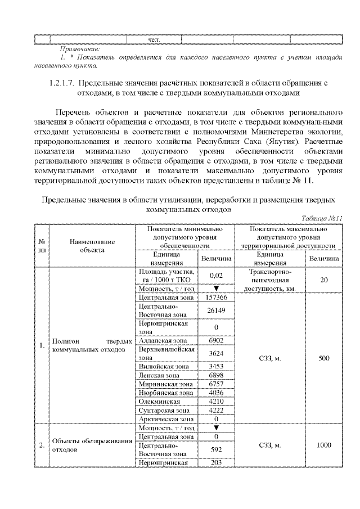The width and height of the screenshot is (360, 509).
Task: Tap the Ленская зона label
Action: coord(159,375)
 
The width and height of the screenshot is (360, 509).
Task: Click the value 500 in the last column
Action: coord(324,358)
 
